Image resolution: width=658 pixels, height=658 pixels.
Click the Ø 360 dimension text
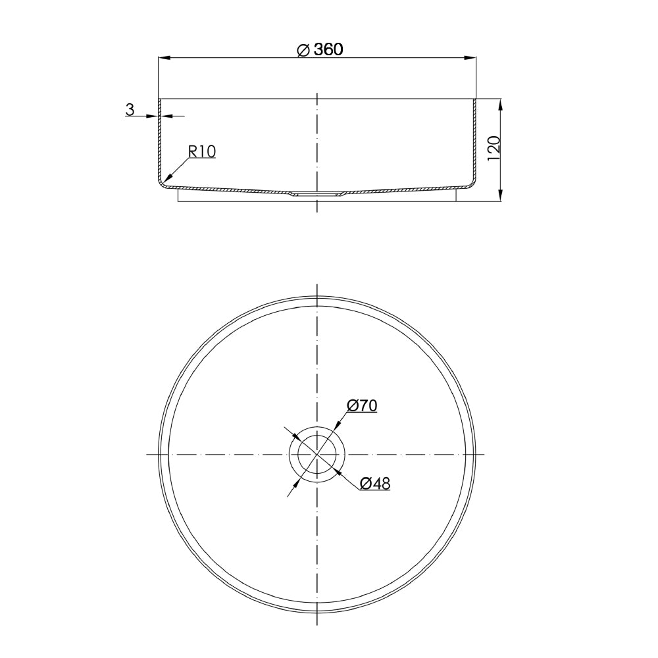click(320, 49)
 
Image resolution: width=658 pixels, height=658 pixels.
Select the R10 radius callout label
click(202, 151)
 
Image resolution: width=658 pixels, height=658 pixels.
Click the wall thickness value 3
click(130, 109)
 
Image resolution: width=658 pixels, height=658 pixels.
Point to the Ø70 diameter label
click(361, 406)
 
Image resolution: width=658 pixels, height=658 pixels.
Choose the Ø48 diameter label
click(375, 484)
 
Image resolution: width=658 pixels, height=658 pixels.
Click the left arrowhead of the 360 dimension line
click(163, 58)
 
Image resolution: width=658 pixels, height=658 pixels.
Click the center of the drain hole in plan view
click(317, 455)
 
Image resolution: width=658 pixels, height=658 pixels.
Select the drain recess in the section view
click(317, 194)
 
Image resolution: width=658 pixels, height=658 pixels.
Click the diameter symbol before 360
click(303, 50)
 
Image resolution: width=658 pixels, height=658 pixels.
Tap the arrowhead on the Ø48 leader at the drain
click(336, 469)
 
